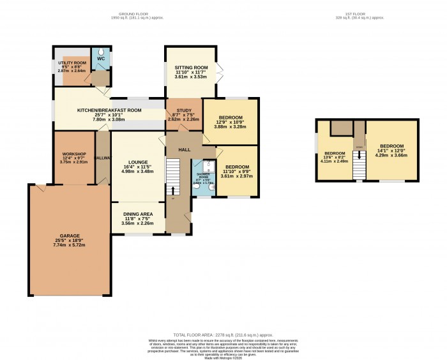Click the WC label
101,59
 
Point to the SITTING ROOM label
192,66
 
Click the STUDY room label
183,112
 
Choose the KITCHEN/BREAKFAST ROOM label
109,110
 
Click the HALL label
185,149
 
